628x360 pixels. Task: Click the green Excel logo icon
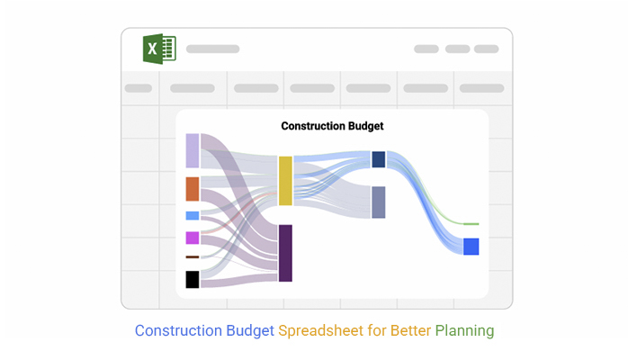coord(159,49)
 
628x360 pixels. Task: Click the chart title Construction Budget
coord(332,126)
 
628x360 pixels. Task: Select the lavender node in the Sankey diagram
coord(193,150)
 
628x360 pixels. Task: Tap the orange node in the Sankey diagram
coord(193,189)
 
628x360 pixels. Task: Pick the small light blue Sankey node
coord(193,216)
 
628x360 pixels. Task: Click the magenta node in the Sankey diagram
coord(193,238)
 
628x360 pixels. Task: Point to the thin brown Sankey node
coord(193,257)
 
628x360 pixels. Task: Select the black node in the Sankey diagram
coord(193,280)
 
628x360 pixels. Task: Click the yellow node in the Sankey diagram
coord(285,181)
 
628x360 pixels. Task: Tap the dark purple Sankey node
coord(285,253)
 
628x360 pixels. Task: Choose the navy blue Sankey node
coord(379,159)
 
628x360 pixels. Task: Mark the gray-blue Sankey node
coord(379,202)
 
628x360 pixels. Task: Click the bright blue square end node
coord(471,247)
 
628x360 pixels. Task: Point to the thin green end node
coord(471,224)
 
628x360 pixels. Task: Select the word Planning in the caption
coord(464,331)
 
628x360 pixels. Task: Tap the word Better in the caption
coord(410,331)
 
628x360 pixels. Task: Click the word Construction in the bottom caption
coord(178,331)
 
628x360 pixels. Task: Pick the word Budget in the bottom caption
coord(250,331)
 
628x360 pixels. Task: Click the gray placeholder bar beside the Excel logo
coord(212,49)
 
